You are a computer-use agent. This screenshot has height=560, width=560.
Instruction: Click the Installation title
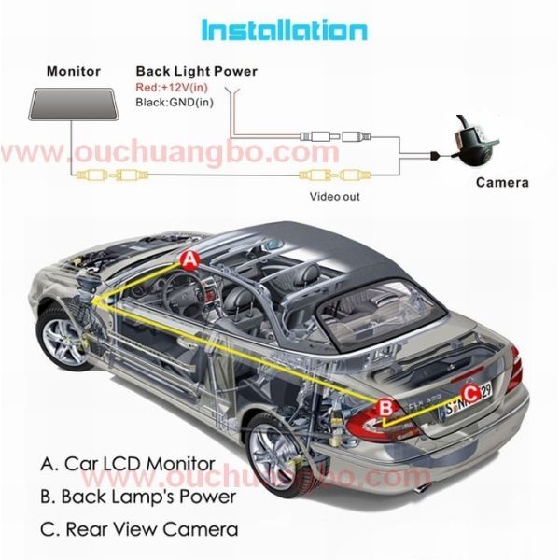pyautogui.click(x=285, y=30)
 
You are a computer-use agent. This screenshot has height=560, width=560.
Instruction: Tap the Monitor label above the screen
pyautogui.click(x=74, y=71)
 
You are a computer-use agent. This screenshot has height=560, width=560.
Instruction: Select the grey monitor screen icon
pyautogui.click(x=73, y=105)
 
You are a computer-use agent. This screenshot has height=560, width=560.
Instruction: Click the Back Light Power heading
pyautogui.click(x=196, y=71)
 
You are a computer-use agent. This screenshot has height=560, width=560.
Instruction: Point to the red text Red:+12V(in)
pyautogui.click(x=172, y=87)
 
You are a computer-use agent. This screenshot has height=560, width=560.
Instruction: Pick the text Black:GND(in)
pyautogui.click(x=175, y=103)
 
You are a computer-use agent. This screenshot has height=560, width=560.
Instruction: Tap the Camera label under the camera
pyautogui.click(x=502, y=183)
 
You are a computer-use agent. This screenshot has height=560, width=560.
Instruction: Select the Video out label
pyautogui.click(x=335, y=196)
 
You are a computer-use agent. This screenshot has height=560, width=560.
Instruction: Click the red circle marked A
pyautogui.click(x=189, y=260)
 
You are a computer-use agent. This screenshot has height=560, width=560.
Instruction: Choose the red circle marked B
pyautogui.click(x=385, y=408)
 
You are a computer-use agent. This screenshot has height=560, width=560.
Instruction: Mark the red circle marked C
pyautogui.click(x=470, y=394)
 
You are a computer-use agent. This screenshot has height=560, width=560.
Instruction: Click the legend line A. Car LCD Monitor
pyautogui.click(x=128, y=464)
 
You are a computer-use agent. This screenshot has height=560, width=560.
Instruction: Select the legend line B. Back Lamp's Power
pyautogui.click(x=138, y=497)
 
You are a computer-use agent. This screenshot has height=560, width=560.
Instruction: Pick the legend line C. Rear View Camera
pyautogui.click(x=139, y=529)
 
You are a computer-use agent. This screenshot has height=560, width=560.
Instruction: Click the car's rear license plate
pyautogui.click(x=469, y=399)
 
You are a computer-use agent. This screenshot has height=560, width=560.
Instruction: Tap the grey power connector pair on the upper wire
pyautogui.click(x=335, y=136)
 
